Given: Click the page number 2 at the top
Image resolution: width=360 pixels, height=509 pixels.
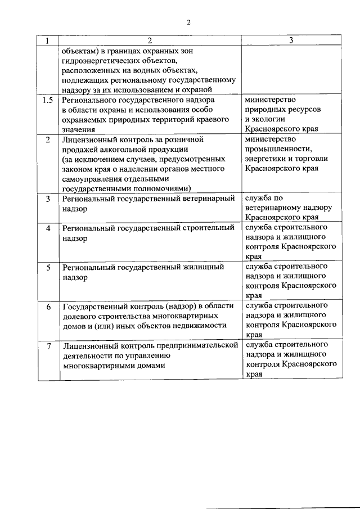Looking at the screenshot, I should click(189, 22).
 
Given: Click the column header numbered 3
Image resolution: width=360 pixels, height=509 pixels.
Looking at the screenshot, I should click(290, 40).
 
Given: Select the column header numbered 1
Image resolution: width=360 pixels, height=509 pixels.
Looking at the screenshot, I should click(48, 40).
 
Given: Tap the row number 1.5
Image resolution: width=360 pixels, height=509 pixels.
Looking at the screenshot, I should click(48, 100).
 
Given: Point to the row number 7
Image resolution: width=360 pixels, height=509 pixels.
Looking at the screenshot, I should click(48, 345).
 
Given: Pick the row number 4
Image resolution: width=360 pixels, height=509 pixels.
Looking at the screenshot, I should click(48, 228).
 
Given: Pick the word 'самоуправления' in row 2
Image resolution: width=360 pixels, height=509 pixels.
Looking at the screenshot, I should click(93, 178).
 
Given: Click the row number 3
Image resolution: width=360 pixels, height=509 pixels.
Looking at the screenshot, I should click(48, 199).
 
